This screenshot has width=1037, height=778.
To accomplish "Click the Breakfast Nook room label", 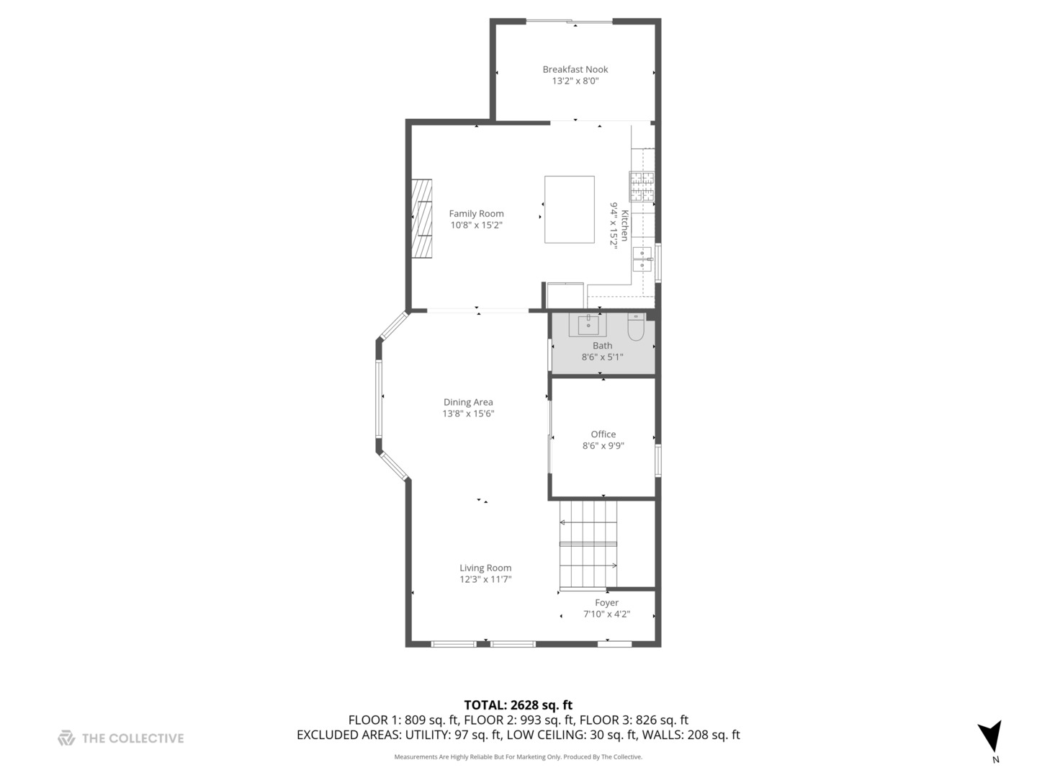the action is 575,69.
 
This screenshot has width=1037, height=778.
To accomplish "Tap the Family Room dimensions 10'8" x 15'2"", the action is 476,225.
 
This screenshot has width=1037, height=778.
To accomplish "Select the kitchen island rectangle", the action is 570,209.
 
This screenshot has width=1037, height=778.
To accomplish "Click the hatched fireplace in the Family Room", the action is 421,218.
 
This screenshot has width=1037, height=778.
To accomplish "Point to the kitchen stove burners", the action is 642,185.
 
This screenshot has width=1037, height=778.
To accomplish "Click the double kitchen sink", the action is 642,259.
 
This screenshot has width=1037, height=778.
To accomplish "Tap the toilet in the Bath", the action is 636,326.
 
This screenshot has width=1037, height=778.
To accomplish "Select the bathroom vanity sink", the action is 588,324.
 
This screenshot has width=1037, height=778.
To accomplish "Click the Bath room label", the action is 602,346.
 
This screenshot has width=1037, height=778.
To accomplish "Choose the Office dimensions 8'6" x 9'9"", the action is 603,446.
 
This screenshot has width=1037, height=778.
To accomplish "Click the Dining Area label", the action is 468,402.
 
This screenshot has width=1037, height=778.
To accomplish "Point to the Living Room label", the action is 485,568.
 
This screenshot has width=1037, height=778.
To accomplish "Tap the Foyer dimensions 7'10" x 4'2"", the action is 606,614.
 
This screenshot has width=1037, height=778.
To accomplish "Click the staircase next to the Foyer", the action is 588,545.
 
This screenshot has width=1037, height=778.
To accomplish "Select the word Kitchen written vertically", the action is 624,225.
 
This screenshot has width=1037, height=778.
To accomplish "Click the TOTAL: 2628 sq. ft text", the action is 518,705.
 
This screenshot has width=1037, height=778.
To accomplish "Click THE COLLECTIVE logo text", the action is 133,738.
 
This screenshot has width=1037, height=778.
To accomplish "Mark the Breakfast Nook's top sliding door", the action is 570,22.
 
